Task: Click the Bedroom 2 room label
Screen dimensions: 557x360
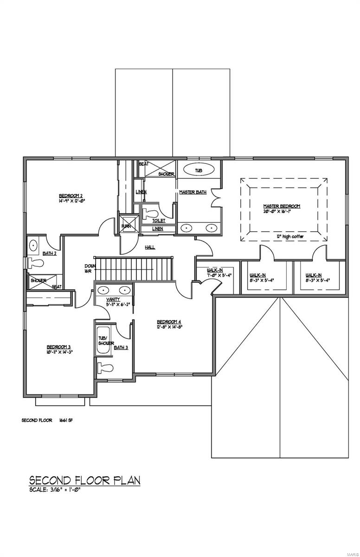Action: pos(71,195)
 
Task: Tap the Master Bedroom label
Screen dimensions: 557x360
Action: pos(282,206)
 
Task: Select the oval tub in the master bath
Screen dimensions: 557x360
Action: pos(199,170)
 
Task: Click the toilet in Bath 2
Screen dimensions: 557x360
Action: pos(36,263)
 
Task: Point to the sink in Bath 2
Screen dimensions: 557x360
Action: pos(33,245)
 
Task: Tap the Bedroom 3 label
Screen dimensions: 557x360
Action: pos(58,346)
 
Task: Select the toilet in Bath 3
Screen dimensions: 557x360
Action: pos(105,368)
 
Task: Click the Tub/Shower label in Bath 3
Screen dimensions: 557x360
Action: pos(105,341)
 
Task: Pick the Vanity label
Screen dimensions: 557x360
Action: pos(113,299)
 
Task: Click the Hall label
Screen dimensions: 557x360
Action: pos(150,247)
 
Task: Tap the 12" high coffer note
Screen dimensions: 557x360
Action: pos(290,236)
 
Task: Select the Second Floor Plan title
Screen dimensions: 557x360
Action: pos(84,480)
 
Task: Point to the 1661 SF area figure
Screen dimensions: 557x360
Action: pos(66,421)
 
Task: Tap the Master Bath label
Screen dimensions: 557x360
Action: pos(193,192)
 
